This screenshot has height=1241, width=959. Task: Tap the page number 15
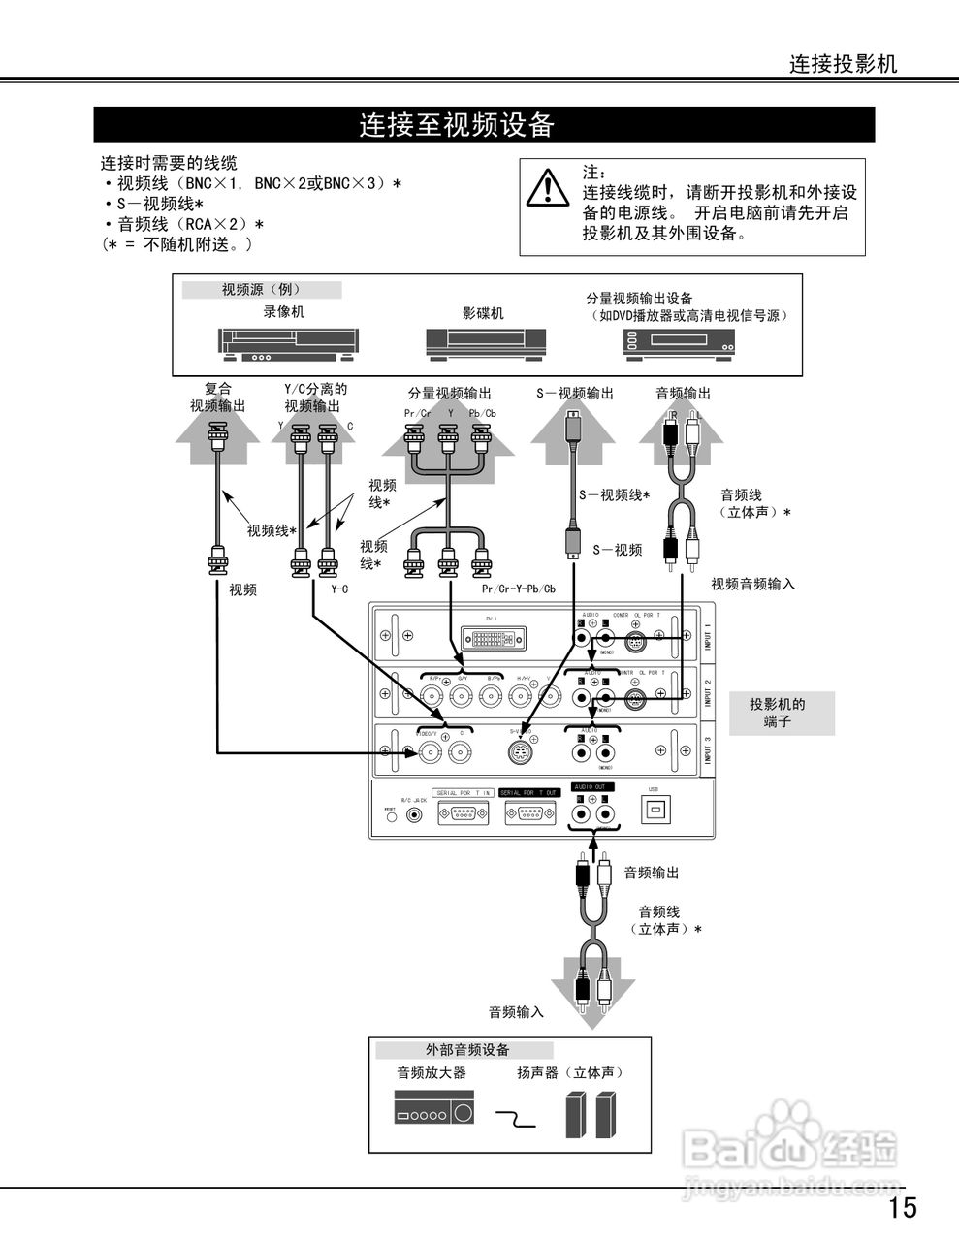click(902, 1207)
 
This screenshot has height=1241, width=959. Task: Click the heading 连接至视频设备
click(457, 125)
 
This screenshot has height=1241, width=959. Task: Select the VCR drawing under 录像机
click(288, 345)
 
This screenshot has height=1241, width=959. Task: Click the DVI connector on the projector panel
click(495, 637)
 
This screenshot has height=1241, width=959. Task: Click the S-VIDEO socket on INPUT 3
click(522, 751)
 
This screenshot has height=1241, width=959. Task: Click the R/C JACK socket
click(416, 814)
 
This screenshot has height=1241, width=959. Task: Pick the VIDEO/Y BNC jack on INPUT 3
click(432, 751)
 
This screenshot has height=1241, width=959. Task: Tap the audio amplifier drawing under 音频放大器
click(434, 1107)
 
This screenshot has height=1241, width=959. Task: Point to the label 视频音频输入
click(752, 584)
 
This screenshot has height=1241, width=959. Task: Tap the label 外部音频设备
click(466, 1050)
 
